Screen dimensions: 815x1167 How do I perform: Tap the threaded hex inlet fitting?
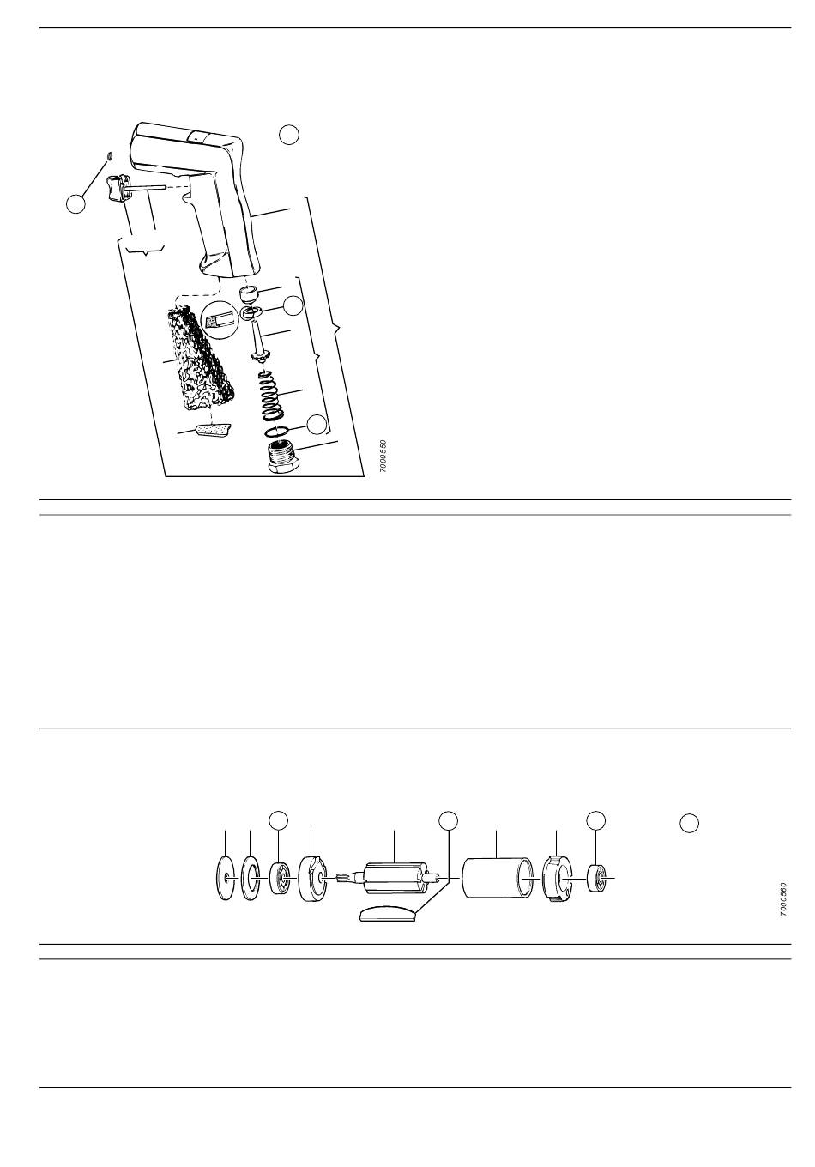pos(284,457)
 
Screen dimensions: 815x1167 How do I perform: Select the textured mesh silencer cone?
pos(199,360)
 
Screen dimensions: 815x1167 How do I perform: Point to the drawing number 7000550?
pos(383,457)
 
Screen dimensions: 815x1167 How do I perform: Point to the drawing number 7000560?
pos(784,900)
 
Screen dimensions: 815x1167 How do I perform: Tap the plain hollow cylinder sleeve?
pos(498,879)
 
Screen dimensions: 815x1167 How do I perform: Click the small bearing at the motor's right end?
pos(596,879)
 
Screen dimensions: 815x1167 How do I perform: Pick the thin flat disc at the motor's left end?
pos(226,879)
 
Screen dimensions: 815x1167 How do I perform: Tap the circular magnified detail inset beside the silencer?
pos(218,317)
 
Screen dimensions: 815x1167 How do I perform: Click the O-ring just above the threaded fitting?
pos(276,432)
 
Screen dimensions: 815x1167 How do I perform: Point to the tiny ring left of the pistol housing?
pos(109,155)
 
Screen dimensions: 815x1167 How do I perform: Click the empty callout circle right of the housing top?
pos(289,135)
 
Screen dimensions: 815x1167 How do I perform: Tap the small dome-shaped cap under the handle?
pos(250,295)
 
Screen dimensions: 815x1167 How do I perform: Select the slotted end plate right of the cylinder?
pos(556,879)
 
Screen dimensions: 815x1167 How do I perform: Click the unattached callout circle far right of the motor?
pos(690,823)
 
